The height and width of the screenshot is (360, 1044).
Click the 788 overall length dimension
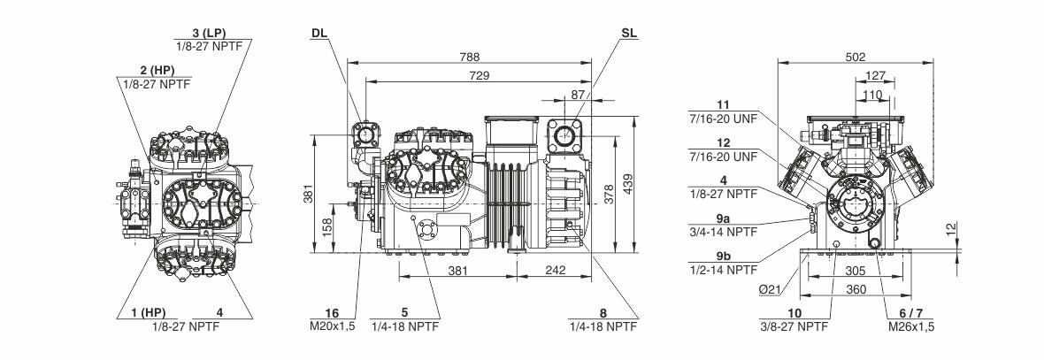(470, 57)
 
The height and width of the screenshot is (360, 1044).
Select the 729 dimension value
(480, 77)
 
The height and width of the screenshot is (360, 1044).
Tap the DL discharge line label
(319, 33)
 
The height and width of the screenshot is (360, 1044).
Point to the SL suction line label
(629, 33)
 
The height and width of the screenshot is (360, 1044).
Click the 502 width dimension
(856, 57)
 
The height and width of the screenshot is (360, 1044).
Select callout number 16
(333, 312)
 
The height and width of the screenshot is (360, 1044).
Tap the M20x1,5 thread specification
(333, 326)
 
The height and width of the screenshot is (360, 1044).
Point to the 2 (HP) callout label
(155, 70)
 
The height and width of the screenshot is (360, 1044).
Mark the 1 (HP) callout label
(142, 312)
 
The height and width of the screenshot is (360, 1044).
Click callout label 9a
(723, 218)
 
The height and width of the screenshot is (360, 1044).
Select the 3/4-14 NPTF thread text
(723, 232)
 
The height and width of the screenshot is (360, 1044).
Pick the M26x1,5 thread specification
(912, 326)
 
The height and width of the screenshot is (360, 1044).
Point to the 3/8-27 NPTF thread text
(795, 326)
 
